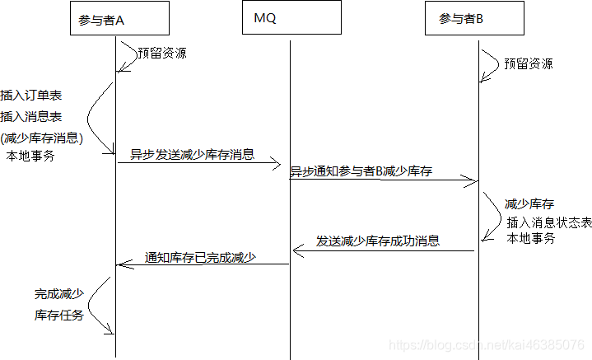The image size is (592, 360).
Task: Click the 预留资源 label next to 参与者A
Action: click(x=162, y=54)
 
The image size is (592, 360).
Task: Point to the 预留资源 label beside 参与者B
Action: click(x=529, y=63)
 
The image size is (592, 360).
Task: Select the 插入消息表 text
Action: click(x=31, y=117)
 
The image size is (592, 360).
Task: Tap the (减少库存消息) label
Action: click(x=42, y=138)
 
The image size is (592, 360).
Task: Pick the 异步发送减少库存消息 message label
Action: click(x=192, y=154)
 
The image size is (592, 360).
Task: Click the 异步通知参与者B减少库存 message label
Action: click(x=361, y=171)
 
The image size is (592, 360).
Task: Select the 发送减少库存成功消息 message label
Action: click(x=378, y=241)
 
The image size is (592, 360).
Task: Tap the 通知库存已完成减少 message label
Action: click(x=200, y=257)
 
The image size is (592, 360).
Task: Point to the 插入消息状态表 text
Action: click(x=549, y=222)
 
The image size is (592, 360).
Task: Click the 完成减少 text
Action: click(x=58, y=293)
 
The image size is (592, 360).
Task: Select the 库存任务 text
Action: click(x=58, y=315)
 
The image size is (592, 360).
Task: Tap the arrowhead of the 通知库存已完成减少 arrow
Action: click(x=120, y=264)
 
